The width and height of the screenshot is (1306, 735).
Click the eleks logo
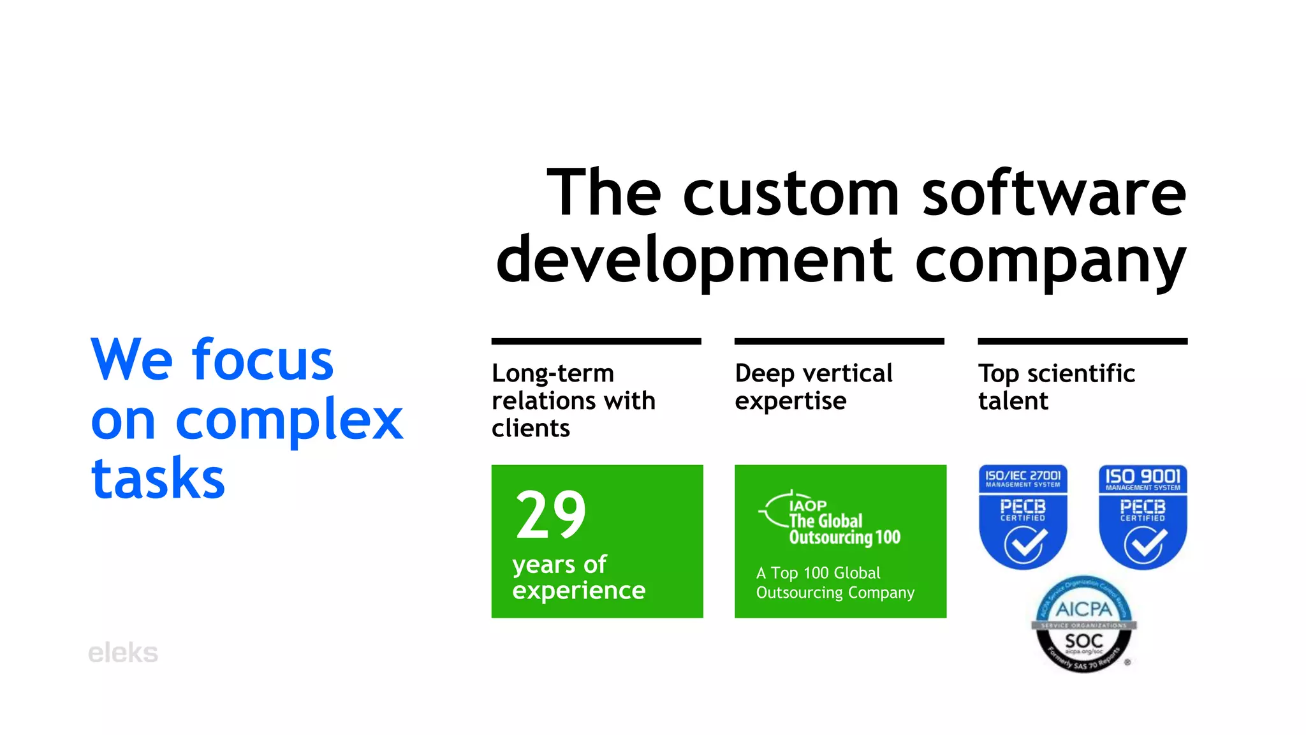[123, 653]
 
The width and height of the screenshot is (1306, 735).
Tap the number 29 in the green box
[551, 515]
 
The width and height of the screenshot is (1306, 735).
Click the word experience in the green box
[579, 591]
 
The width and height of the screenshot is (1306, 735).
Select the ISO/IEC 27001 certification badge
[1023, 516]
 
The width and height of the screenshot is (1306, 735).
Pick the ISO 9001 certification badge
[1143, 516]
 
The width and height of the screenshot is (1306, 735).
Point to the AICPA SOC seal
[1084, 625]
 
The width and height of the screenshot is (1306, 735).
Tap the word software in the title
[1054, 193]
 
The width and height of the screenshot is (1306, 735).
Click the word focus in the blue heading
[263, 360]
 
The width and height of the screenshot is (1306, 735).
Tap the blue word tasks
[158, 479]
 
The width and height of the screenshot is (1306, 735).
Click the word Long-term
[553, 374]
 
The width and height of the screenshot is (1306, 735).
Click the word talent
[1013, 401]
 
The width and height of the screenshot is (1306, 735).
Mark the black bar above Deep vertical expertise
[839, 341]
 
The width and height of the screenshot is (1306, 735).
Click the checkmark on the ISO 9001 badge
[1145, 545]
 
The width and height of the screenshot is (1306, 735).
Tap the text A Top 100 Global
[818, 573]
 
